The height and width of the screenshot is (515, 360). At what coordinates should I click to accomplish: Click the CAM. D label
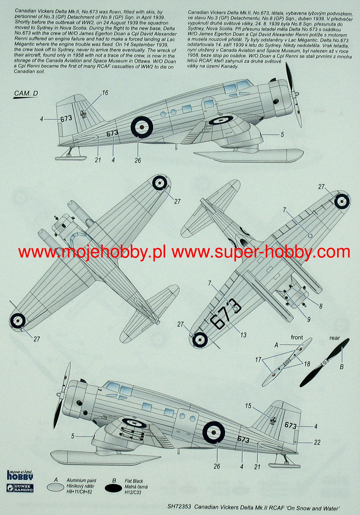click(x=26, y=93)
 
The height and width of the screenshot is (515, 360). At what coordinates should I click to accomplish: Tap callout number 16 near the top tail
click(x=105, y=93)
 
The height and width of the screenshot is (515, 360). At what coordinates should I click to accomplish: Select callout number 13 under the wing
click(x=243, y=335)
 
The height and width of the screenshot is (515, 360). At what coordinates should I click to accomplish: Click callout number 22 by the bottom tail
click(x=317, y=442)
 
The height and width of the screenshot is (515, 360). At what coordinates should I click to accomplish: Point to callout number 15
click(x=248, y=406)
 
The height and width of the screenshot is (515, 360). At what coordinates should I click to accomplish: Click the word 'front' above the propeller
click(x=297, y=337)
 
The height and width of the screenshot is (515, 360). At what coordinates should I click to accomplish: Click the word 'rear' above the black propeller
click(x=334, y=338)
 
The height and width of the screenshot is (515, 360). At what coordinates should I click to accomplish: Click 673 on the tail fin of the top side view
click(x=66, y=118)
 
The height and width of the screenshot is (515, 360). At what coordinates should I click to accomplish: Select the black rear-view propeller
click(x=325, y=363)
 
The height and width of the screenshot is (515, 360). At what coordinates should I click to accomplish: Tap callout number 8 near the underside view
click(x=321, y=306)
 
